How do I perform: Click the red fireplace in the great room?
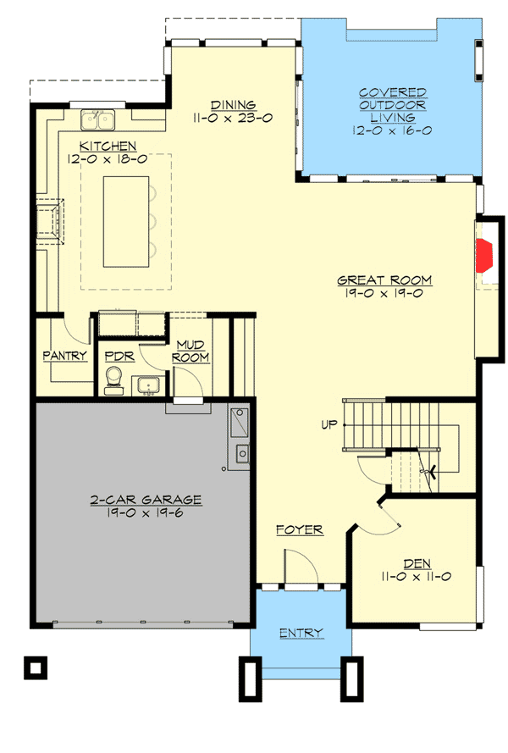484,253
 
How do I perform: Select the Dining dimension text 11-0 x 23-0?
231,119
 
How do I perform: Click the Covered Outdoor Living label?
392,104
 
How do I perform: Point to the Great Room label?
384,280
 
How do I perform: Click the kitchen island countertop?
125,220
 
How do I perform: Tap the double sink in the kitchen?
99,119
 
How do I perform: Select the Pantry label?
65,356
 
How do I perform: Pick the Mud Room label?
191,351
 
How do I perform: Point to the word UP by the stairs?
329,424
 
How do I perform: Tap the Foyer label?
300,530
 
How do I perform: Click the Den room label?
416,562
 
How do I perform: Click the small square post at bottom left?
33,667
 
